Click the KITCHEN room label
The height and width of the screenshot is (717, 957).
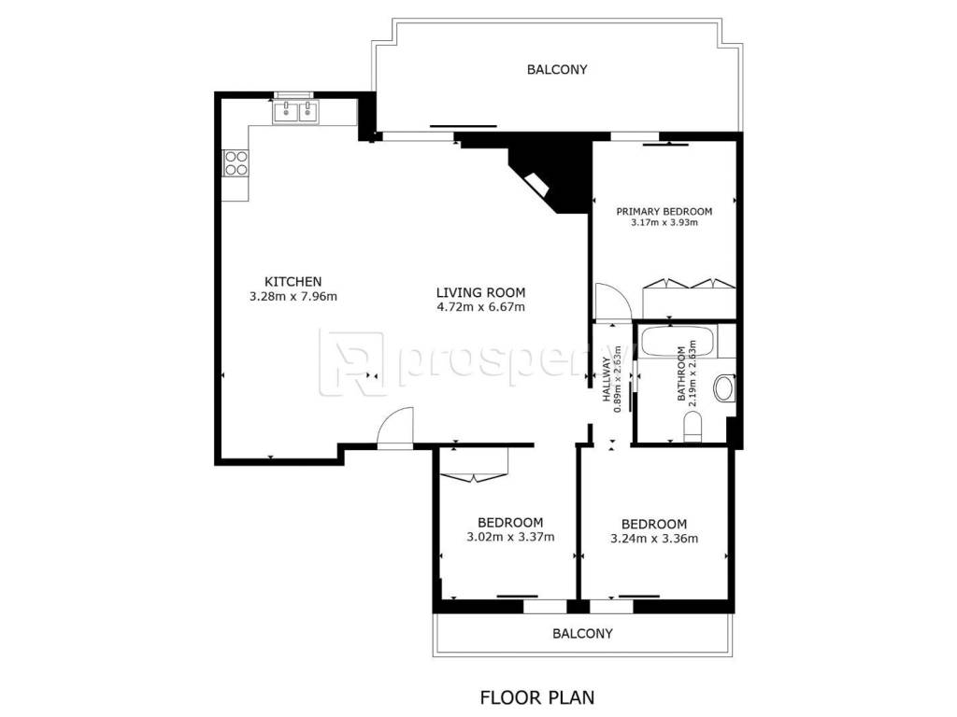click(x=293, y=282)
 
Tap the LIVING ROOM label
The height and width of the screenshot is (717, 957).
click(x=481, y=292)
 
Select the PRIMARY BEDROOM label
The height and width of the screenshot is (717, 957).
click(x=664, y=212)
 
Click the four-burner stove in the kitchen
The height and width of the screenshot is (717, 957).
click(x=236, y=162)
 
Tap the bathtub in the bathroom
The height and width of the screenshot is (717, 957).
click(x=678, y=342)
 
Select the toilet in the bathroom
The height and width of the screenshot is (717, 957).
click(x=693, y=426)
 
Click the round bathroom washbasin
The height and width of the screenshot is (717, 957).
click(x=725, y=387)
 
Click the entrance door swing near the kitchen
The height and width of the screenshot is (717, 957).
click(x=395, y=429)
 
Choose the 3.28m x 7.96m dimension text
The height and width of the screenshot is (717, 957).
click(x=293, y=297)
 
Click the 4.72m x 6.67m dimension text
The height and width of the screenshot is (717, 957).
click(x=481, y=307)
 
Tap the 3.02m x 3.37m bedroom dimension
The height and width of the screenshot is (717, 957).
click(x=511, y=537)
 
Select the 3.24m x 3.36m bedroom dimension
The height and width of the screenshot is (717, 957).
click(x=654, y=539)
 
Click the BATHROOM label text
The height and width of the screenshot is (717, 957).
click(x=681, y=373)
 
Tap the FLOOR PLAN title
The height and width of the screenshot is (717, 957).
click(x=537, y=696)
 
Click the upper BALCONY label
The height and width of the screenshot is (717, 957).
click(x=557, y=69)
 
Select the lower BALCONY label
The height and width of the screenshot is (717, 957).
click(x=582, y=634)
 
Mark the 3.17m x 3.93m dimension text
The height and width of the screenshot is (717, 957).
click(x=664, y=222)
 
